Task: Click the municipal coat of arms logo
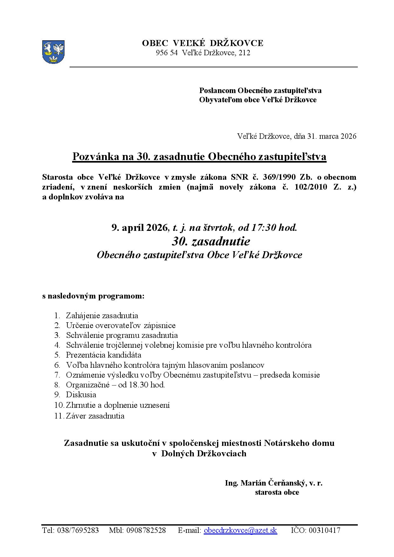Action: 53,51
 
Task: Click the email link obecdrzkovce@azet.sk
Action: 240,530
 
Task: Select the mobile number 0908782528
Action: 146,530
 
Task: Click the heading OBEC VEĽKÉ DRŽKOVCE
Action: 202,43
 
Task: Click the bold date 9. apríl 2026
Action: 139,227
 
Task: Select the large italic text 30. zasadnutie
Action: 211,241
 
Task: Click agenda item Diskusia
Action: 81,395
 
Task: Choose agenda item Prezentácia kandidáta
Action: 104,355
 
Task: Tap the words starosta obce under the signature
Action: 277,492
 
